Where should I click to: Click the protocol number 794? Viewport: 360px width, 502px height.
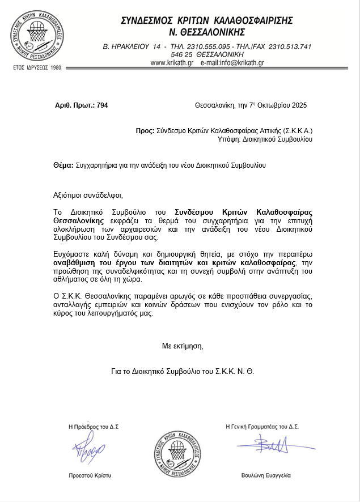click(102, 105)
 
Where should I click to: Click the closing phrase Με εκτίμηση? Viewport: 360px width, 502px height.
click(182, 345)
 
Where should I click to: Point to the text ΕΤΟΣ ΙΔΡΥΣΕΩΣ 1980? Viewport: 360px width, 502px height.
click(37, 67)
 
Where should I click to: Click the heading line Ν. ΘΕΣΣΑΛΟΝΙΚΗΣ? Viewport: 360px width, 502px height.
click(207, 31)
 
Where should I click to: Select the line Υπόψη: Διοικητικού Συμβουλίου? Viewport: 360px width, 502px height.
click(265, 139)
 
